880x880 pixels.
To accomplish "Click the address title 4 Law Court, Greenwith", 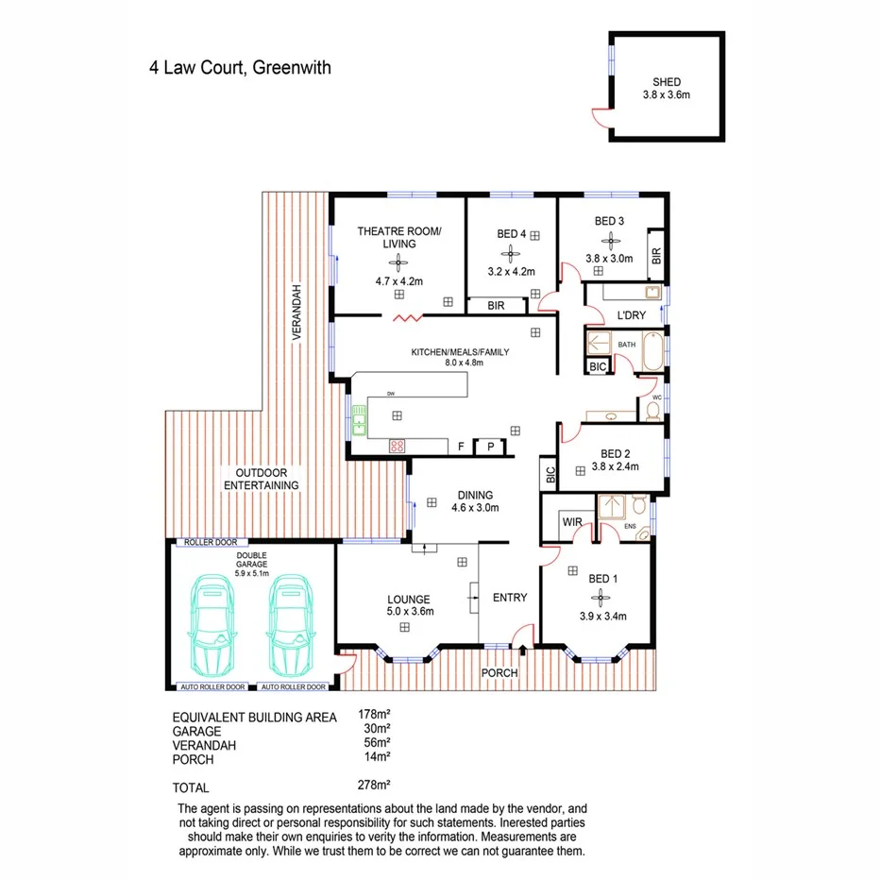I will [x=239, y=68].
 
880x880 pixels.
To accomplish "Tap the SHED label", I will [x=666, y=81].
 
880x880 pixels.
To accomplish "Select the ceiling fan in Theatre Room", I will [x=398, y=265].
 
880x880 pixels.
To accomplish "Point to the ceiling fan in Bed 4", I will [x=511, y=253].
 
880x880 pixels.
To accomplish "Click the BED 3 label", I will [x=609, y=221].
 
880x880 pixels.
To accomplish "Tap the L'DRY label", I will [x=630, y=314].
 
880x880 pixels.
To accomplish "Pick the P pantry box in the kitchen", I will [x=490, y=448].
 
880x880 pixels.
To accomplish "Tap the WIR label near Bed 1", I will [x=571, y=520].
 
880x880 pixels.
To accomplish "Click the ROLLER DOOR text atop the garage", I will [x=210, y=543].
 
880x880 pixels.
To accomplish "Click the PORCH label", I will [x=499, y=673].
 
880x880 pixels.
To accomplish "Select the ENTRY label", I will [x=510, y=598].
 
